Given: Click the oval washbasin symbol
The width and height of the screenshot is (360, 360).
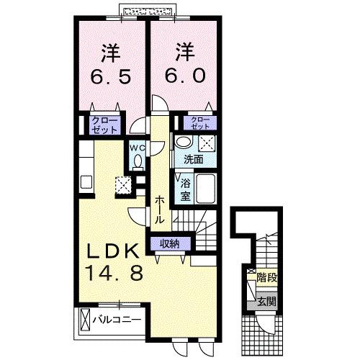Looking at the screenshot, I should pyautogui.click(x=185, y=142).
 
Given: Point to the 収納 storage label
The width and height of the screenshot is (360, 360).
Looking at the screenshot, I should pyautogui.click(x=170, y=243).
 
